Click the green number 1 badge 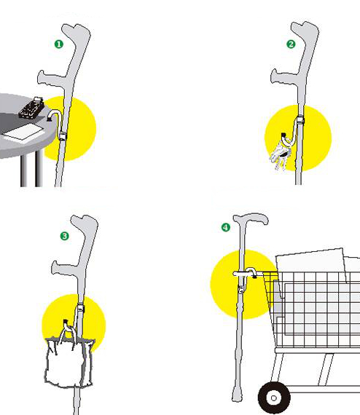59,44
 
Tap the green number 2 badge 291,44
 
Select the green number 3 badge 64,236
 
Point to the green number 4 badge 226,227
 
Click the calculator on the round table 31,108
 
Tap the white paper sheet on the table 23,133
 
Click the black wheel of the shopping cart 274,398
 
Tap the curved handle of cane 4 251,218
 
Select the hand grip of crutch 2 284,77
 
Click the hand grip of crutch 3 64,269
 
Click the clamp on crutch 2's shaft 300,120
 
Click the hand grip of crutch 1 52,79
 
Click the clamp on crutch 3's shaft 81,309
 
